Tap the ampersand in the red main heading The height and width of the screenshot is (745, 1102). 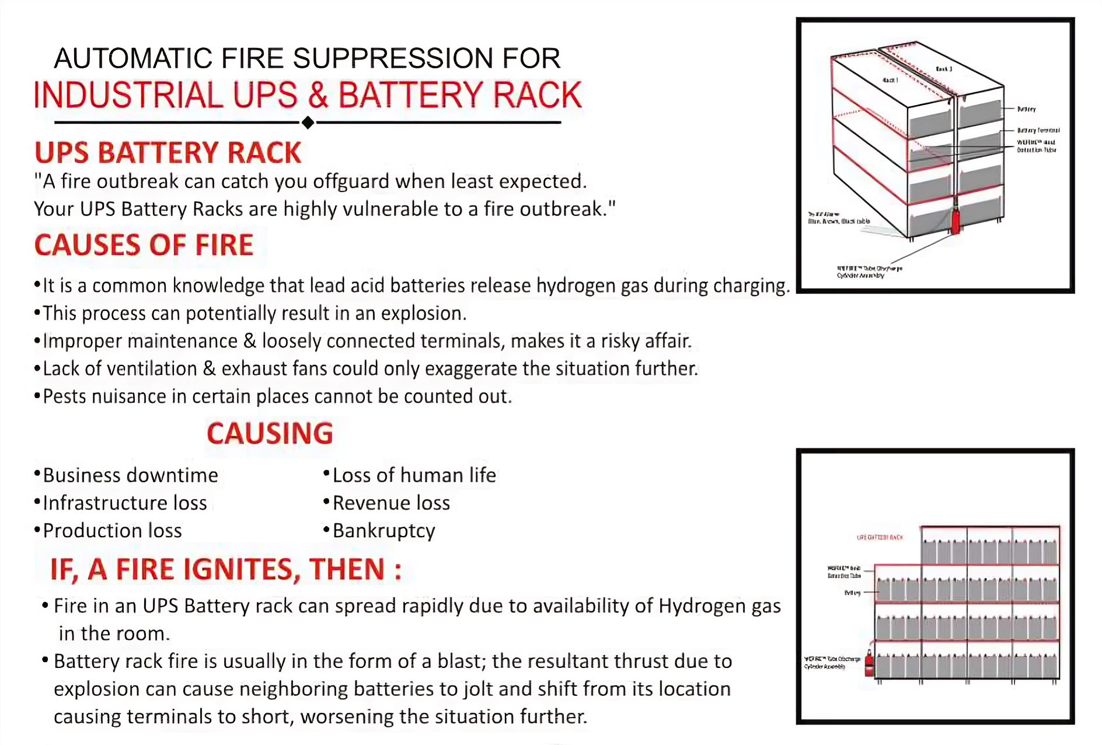tap(318, 95)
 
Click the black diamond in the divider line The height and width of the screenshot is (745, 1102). tap(308, 123)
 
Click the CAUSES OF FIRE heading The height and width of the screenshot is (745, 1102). tap(144, 245)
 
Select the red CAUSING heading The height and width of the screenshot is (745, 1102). tap(270, 434)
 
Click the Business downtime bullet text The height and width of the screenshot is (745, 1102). tap(130, 475)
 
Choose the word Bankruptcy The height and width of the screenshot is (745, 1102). tap(383, 531)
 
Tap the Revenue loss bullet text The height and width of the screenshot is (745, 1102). tap(391, 503)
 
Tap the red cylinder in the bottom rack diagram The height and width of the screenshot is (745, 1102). tap(869, 663)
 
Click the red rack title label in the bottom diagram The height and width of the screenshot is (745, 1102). tap(880, 537)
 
